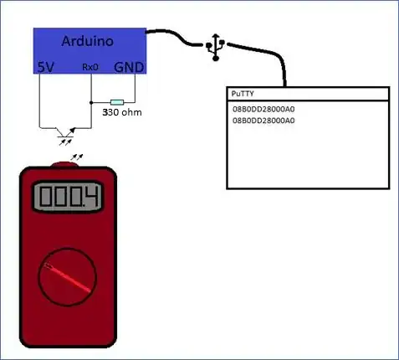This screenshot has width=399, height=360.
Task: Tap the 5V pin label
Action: point(46,66)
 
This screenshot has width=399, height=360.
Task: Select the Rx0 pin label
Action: point(90,68)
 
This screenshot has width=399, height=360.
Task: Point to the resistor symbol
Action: point(117,101)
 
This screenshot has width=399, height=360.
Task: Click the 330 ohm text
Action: point(121,111)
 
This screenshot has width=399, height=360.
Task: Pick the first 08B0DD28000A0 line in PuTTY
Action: point(263,109)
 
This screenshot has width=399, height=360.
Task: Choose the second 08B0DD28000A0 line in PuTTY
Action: point(263,121)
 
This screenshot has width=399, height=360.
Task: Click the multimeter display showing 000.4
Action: point(67,197)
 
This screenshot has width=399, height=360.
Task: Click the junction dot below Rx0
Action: point(90,101)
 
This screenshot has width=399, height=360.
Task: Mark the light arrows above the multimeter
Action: point(77,156)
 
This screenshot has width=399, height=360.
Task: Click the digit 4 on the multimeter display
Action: point(90,198)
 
